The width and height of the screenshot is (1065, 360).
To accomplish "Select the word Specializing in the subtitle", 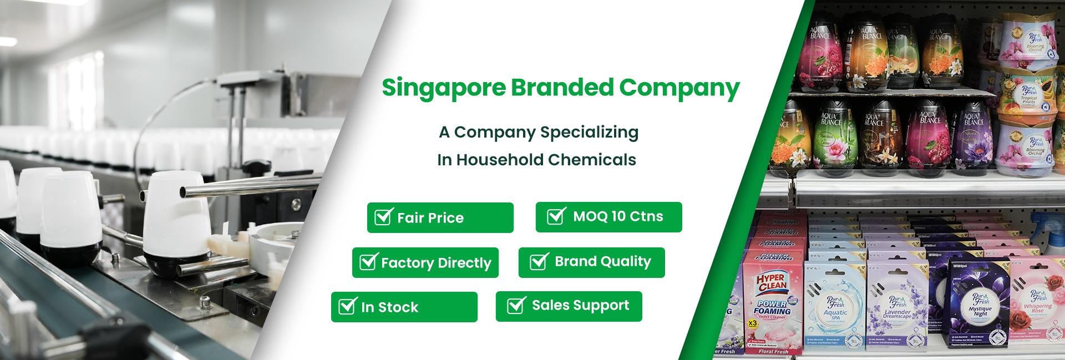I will tap(589, 133).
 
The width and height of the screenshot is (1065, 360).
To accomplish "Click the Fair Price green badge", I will tap(440, 217).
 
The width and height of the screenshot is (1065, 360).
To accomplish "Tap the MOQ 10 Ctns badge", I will tap(608, 217).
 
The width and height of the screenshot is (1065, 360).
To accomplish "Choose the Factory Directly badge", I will tap(425, 262).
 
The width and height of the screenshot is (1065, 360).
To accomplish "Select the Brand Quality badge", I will tap(591, 262).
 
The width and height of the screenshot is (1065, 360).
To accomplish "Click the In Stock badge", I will tap(404, 307).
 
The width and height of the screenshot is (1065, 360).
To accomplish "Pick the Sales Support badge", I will tap(569, 306).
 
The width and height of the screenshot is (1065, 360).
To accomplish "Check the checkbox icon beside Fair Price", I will tap(383, 216).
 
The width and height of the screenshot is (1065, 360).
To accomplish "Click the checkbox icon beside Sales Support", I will tap(516, 305).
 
